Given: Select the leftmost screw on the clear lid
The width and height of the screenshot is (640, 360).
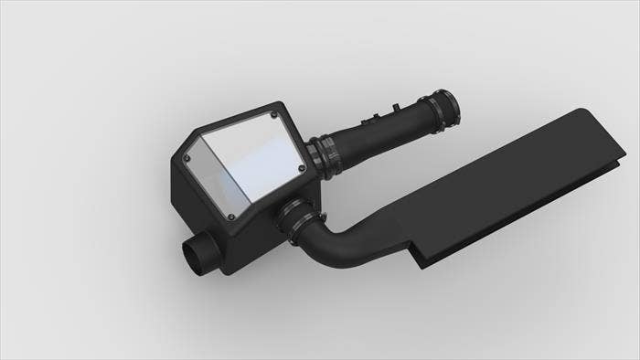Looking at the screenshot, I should click(x=188, y=156).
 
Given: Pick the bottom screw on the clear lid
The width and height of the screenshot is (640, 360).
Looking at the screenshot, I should click(x=231, y=217).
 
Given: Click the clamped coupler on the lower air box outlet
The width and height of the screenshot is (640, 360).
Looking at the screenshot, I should click(x=297, y=220).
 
